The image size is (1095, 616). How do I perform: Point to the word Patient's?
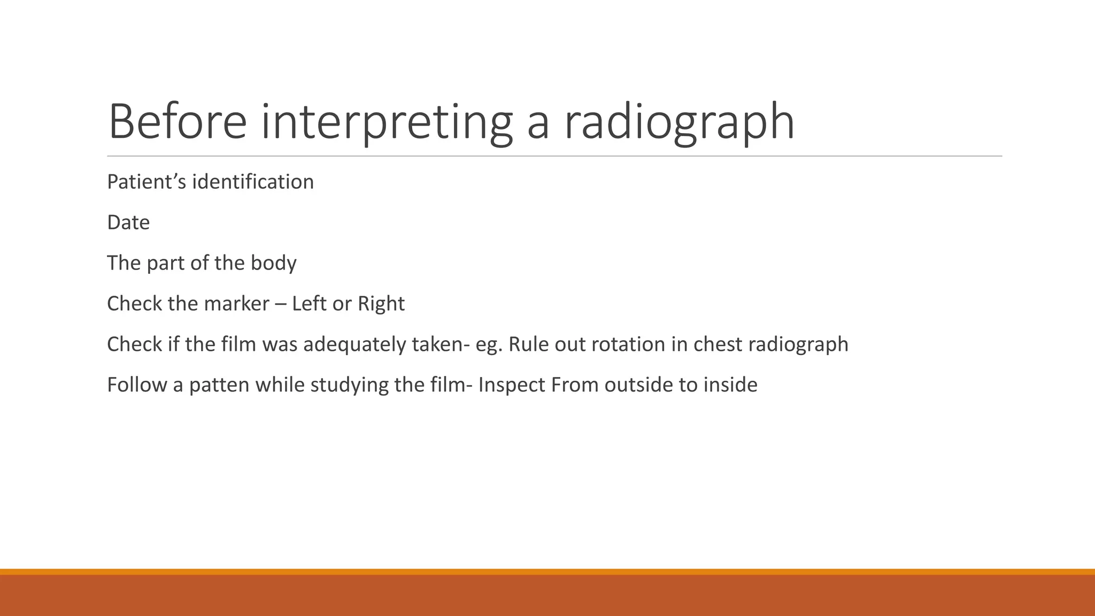pyautogui.click(x=146, y=182)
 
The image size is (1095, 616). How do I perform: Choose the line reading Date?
pyautogui.click(x=128, y=222)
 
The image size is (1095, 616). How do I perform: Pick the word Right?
pyautogui.click(x=381, y=304)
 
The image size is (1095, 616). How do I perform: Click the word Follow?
pyautogui.click(x=137, y=385)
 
